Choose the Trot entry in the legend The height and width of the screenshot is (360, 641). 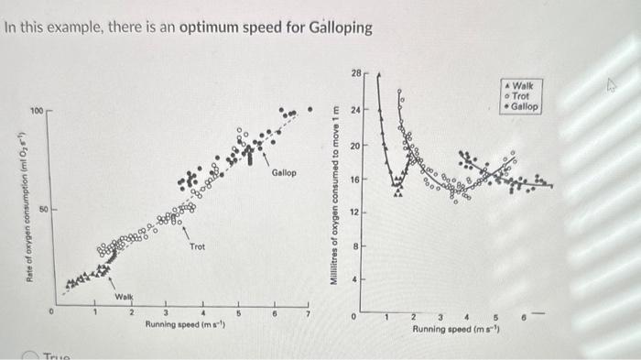[523, 96]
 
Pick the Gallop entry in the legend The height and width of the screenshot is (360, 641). [526, 107]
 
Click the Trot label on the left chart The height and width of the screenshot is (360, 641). [197, 247]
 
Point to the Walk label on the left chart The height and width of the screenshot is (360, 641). [124, 297]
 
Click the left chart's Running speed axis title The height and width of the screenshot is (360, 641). [187, 323]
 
